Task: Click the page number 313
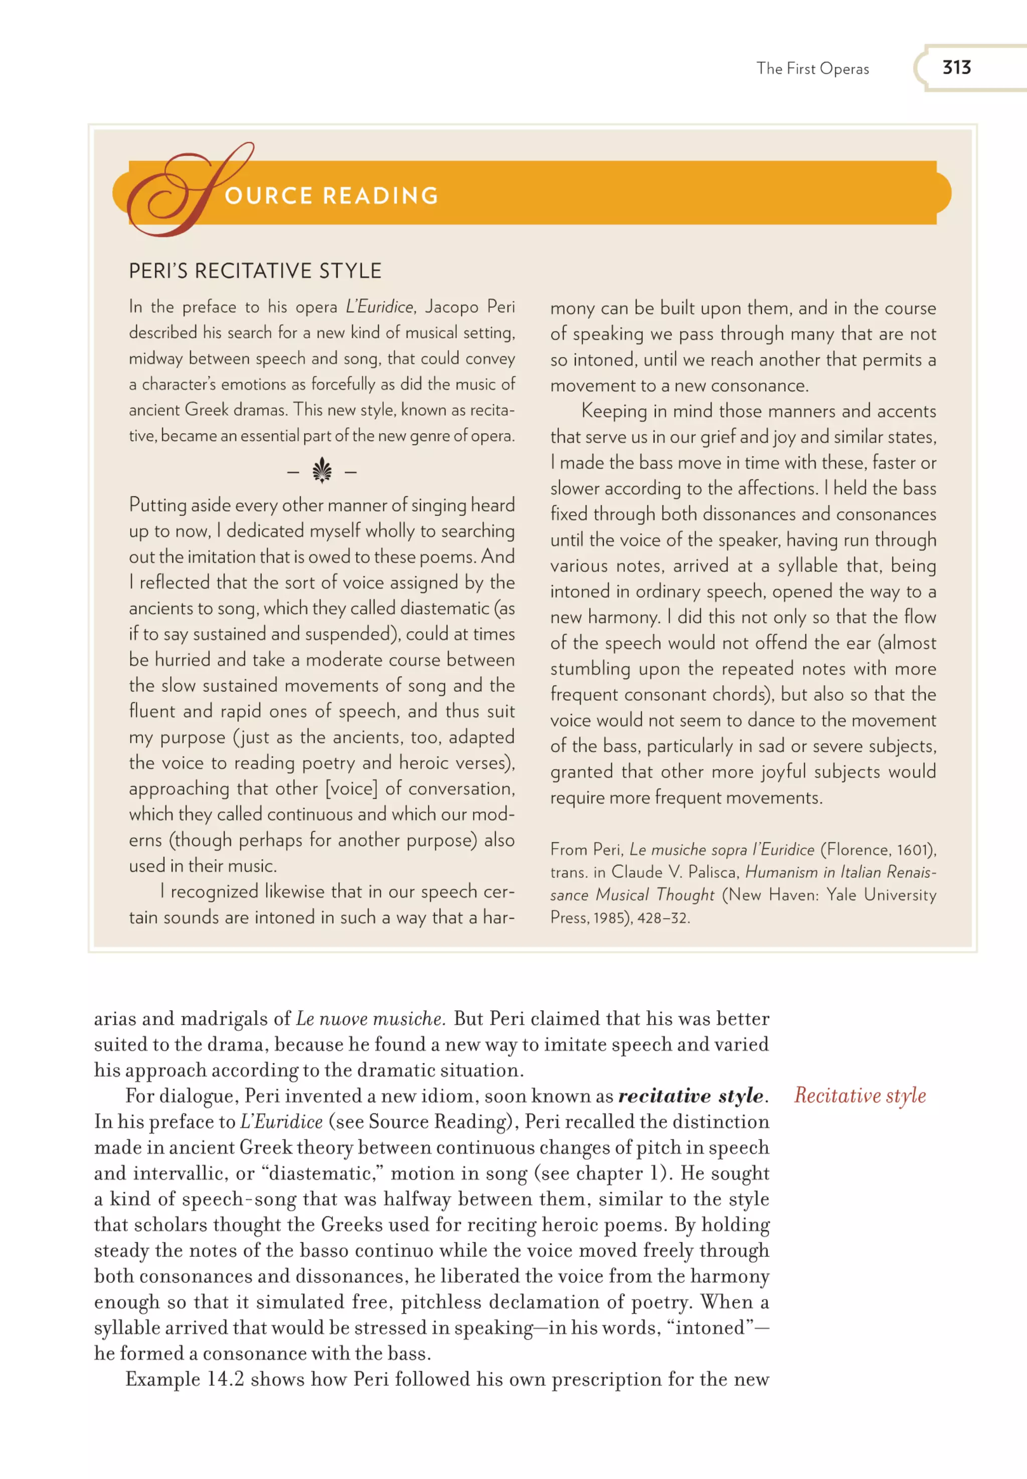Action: point(956,68)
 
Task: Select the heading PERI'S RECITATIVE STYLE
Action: point(255,271)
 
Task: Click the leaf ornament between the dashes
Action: point(322,472)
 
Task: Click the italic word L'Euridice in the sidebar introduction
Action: point(380,307)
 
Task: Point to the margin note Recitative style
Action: point(860,1095)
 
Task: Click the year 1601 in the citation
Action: point(913,850)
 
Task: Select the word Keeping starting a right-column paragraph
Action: point(614,411)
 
